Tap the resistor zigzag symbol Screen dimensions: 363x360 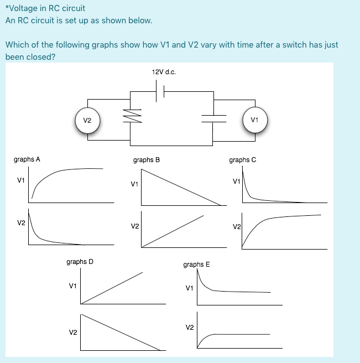tap(133, 116)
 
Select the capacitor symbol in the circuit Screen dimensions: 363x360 tap(213, 117)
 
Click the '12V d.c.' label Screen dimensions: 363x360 tap(163, 71)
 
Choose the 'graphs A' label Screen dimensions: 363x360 tap(27, 159)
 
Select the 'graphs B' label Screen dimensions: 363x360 tap(147, 160)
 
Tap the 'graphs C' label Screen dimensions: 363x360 tap(242, 160)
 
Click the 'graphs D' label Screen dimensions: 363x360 tap(80, 261)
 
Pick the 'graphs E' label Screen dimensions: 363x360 tap(196, 265)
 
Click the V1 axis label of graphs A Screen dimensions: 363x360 tap(21, 180)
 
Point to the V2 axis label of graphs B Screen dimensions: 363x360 tap(134, 226)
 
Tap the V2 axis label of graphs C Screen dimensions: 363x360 tap(237, 227)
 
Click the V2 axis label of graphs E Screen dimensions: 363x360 tap(190, 328)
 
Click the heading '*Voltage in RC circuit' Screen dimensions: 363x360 tap(45, 8)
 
